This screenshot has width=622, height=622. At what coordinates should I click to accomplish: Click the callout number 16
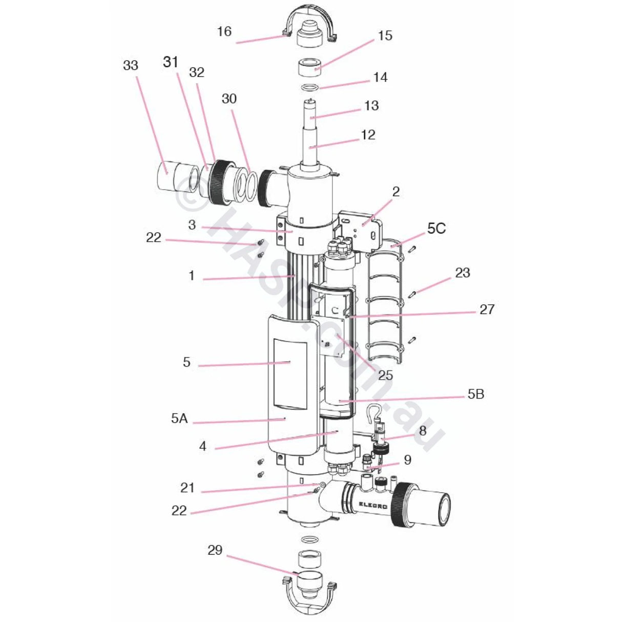(224, 31)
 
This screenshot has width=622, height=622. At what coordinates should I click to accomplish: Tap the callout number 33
(131, 66)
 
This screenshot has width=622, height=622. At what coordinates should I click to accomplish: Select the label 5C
(437, 229)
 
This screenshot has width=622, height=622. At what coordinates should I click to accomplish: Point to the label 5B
(475, 395)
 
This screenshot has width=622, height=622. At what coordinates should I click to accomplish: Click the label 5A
(180, 419)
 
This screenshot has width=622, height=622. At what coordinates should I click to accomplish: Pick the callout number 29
(215, 550)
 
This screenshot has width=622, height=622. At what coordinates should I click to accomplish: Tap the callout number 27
(487, 309)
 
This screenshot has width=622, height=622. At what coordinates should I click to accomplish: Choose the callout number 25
(385, 375)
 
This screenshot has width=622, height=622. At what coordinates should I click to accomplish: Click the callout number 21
(188, 487)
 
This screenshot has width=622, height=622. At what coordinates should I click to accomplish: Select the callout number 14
(380, 77)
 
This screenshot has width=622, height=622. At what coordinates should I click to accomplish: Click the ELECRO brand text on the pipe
(370, 504)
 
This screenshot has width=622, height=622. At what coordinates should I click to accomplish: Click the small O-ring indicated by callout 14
(309, 87)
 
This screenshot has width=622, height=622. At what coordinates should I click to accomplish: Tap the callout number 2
(396, 192)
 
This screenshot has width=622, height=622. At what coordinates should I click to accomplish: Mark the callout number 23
(462, 273)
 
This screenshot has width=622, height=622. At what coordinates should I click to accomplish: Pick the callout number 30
(229, 98)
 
